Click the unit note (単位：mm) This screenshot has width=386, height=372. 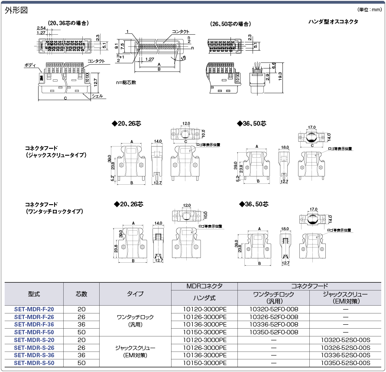[370, 10]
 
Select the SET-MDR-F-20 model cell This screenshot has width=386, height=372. [34, 310]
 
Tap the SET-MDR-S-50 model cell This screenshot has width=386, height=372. [34, 362]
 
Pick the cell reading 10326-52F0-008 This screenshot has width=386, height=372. [274, 317]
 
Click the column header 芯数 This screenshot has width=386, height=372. [81, 294]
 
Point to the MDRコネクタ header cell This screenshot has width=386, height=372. [204, 286]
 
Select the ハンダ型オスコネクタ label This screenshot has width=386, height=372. [333, 22]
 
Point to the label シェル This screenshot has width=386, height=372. [97, 96]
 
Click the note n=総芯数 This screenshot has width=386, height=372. [126, 82]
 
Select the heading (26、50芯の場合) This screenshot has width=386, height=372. [230, 24]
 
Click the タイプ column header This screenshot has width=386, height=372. [135, 294]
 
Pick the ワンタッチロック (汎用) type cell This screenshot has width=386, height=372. [135, 321]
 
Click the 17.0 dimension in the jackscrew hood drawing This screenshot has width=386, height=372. [311, 127]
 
